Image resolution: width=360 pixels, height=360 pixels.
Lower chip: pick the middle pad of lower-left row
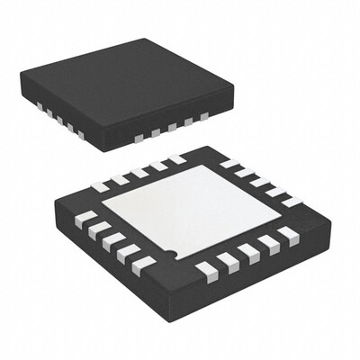point(110,240)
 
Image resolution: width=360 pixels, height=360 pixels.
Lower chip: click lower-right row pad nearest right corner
point(287,234)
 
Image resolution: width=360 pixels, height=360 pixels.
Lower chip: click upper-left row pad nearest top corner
point(176,159)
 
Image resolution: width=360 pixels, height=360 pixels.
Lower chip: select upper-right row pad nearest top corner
point(229,164)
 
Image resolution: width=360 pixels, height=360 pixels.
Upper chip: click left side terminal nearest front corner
point(80,135)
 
